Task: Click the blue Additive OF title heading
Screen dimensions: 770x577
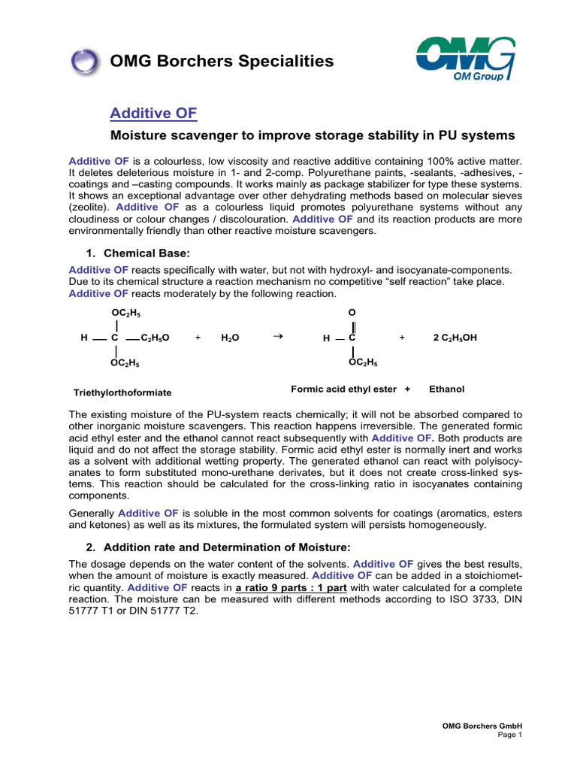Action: (x=153, y=113)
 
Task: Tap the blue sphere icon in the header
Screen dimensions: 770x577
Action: (x=84, y=60)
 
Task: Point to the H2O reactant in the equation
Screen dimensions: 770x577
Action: (x=230, y=338)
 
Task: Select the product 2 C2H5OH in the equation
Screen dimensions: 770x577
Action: (x=455, y=338)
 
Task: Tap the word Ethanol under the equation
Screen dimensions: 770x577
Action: (x=446, y=389)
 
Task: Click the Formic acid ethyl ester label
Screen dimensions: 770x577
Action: (x=344, y=389)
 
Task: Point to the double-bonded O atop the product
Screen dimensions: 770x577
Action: (x=352, y=311)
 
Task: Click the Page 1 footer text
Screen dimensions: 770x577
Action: (x=509, y=735)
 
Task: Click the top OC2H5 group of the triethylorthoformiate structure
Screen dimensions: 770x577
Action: (x=125, y=311)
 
